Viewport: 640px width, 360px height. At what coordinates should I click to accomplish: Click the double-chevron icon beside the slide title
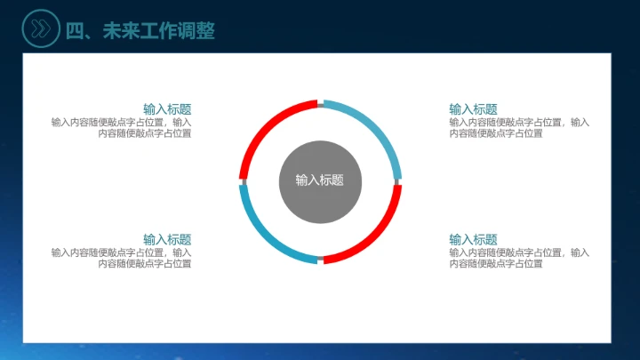(x=39, y=29)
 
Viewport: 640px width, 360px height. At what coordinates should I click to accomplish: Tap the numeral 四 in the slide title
(x=75, y=30)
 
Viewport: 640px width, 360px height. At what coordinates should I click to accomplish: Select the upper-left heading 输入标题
(x=167, y=109)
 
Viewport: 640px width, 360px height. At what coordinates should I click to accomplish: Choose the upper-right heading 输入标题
(x=473, y=109)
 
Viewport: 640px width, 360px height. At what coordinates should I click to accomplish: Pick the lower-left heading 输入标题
(x=167, y=240)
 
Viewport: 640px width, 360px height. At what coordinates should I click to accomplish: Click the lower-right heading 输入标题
(x=473, y=240)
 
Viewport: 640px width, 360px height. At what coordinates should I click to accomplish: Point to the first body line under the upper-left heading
(x=121, y=123)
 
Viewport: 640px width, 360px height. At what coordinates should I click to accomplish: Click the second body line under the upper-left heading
(x=144, y=133)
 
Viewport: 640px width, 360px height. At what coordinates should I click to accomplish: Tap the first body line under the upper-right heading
(x=518, y=123)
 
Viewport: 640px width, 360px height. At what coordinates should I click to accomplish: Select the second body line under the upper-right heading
(x=495, y=133)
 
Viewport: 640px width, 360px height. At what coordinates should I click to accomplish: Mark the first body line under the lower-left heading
(x=121, y=252)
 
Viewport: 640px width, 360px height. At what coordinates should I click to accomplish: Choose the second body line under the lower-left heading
(x=144, y=263)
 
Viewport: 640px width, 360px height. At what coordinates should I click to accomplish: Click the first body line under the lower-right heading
(x=518, y=252)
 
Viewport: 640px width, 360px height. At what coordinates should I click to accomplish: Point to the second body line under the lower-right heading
(x=495, y=263)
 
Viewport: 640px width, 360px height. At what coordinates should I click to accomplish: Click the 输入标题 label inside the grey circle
(x=320, y=180)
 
